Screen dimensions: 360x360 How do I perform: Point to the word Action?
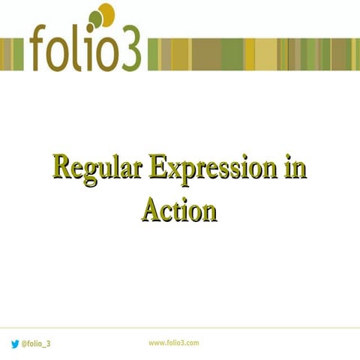coord(179,209)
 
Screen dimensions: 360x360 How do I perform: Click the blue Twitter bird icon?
coord(15,343)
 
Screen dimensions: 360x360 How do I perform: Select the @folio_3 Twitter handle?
coord(36,343)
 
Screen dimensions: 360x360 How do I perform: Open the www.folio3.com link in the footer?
coord(173,343)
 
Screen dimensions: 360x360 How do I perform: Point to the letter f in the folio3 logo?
coord(40,48)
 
